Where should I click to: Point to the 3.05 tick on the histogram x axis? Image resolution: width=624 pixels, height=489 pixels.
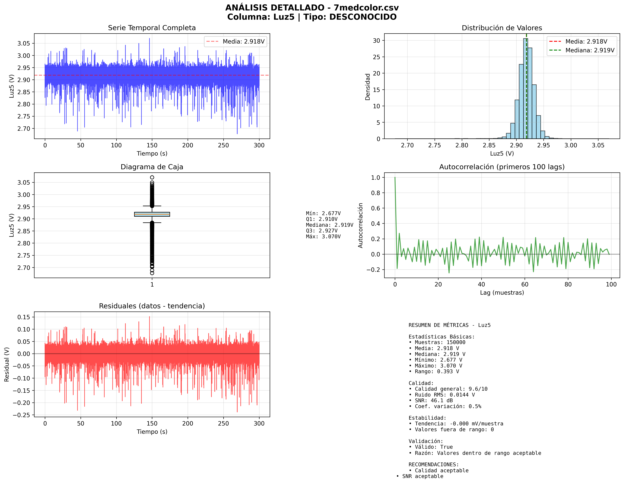(598, 145)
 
